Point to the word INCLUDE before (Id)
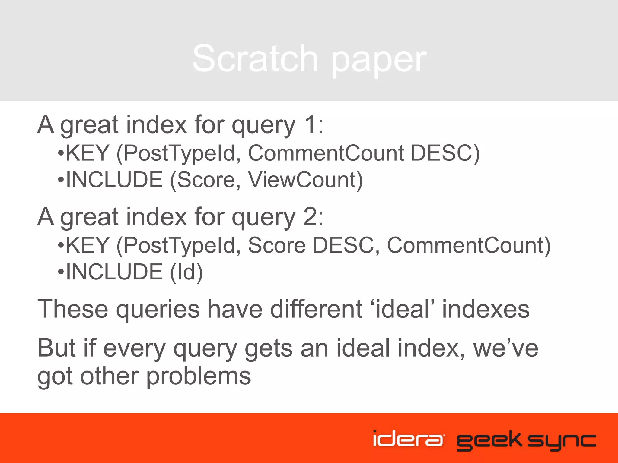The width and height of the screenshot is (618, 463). point(114,272)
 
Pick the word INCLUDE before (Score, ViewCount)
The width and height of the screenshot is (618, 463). point(114,180)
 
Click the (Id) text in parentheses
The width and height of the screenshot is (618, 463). point(186,272)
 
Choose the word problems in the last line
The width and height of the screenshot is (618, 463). point(199,377)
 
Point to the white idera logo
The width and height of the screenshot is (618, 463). point(408,439)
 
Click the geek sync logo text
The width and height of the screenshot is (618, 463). point(526,440)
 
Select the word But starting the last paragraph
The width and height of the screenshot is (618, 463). point(56,348)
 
